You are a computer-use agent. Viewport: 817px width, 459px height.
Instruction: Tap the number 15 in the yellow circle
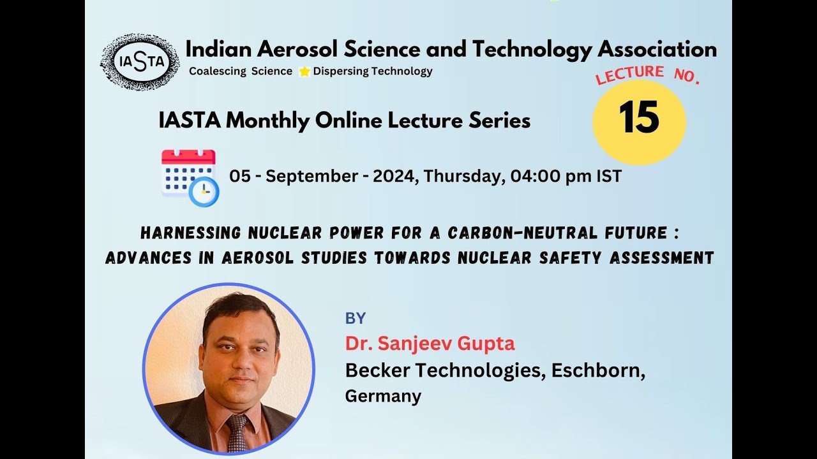tap(639, 119)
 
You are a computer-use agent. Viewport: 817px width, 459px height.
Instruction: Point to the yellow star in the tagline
tap(304, 71)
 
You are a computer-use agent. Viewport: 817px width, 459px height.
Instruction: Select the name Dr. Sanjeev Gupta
tap(430, 344)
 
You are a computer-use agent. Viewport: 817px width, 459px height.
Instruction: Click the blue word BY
tap(356, 319)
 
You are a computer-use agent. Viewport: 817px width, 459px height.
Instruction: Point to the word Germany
tap(383, 397)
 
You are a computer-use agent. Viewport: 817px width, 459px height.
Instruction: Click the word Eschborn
tap(596, 370)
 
